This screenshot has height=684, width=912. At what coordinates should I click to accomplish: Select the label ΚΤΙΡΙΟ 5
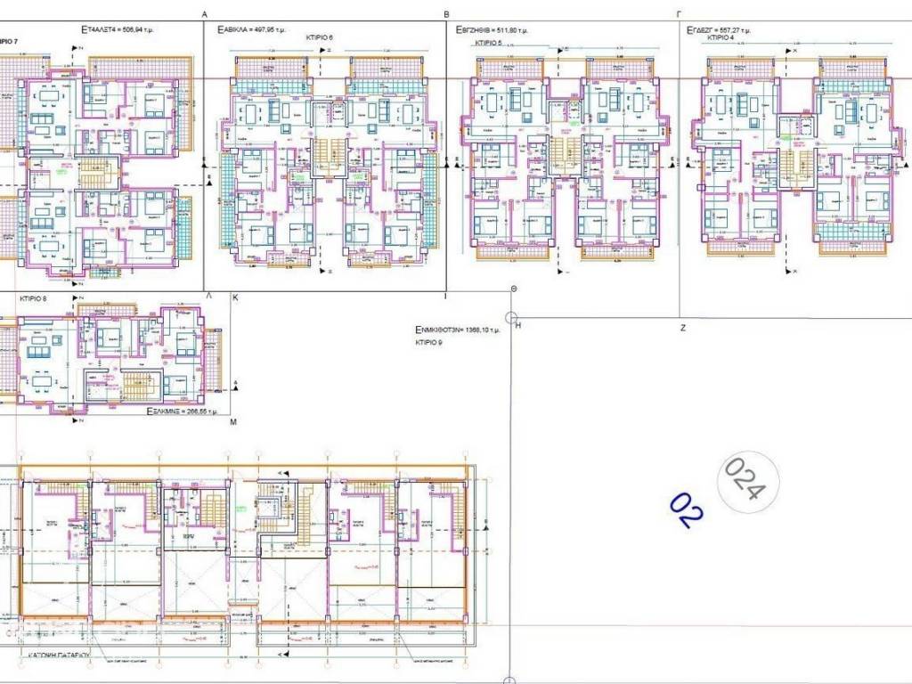(x=488, y=42)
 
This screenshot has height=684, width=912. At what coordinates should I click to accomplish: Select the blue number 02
(x=687, y=510)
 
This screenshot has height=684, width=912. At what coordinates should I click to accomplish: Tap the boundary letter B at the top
(x=446, y=13)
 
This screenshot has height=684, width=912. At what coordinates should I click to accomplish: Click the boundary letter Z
(x=683, y=328)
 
